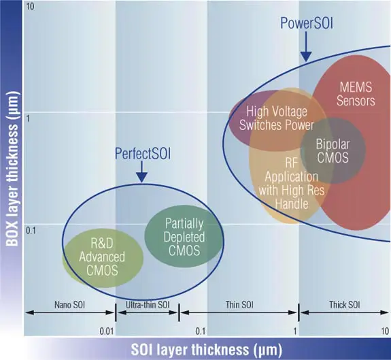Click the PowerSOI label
(x=307, y=23)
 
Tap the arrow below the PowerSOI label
(x=306, y=47)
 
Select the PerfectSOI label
(x=143, y=154)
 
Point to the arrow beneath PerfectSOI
(x=142, y=171)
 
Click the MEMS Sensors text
(x=356, y=94)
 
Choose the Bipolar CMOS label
(x=333, y=151)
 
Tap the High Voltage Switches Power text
(x=276, y=118)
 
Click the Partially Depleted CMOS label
(x=184, y=237)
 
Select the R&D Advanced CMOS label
(x=102, y=257)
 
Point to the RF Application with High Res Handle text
(x=292, y=183)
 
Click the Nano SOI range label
(x=70, y=305)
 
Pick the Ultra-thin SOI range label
(x=148, y=305)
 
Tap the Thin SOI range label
(x=239, y=305)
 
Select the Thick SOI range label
(x=345, y=305)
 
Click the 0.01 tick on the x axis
(x=107, y=331)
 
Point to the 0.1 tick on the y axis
(x=31, y=231)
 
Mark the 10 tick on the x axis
(x=385, y=331)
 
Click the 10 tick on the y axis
(x=30, y=7)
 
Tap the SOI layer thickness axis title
(x=207, y=349)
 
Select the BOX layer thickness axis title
(x=12, y=168)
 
